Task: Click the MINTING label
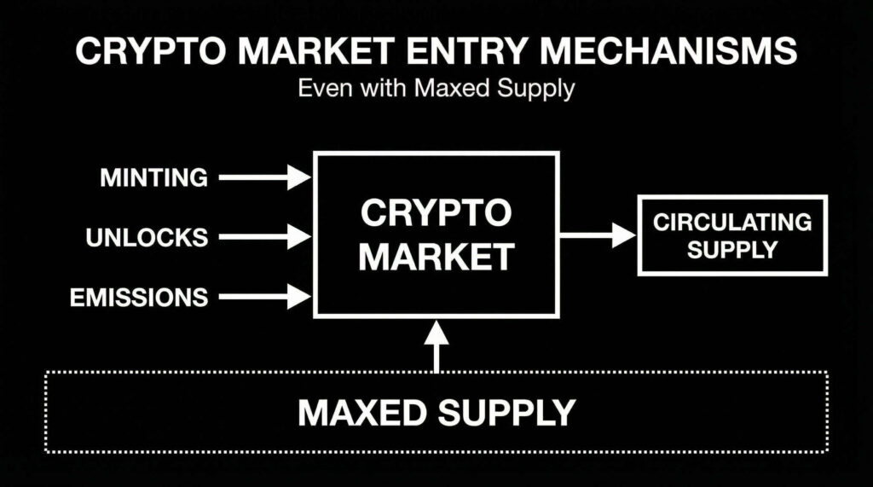[153, 177]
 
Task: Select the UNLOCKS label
[147, 237]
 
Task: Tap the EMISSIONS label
[139, 297]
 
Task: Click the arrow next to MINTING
[265, 177]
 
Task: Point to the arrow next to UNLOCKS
[265, 236]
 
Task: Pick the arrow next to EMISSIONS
[265, 297]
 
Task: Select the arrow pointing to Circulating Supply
[598, 235]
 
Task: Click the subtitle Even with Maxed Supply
[436, 89]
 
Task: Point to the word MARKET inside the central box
[436, 256]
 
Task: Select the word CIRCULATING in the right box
[732, 223]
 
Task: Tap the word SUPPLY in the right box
[732, 249]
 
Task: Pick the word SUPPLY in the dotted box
[506, 413]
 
